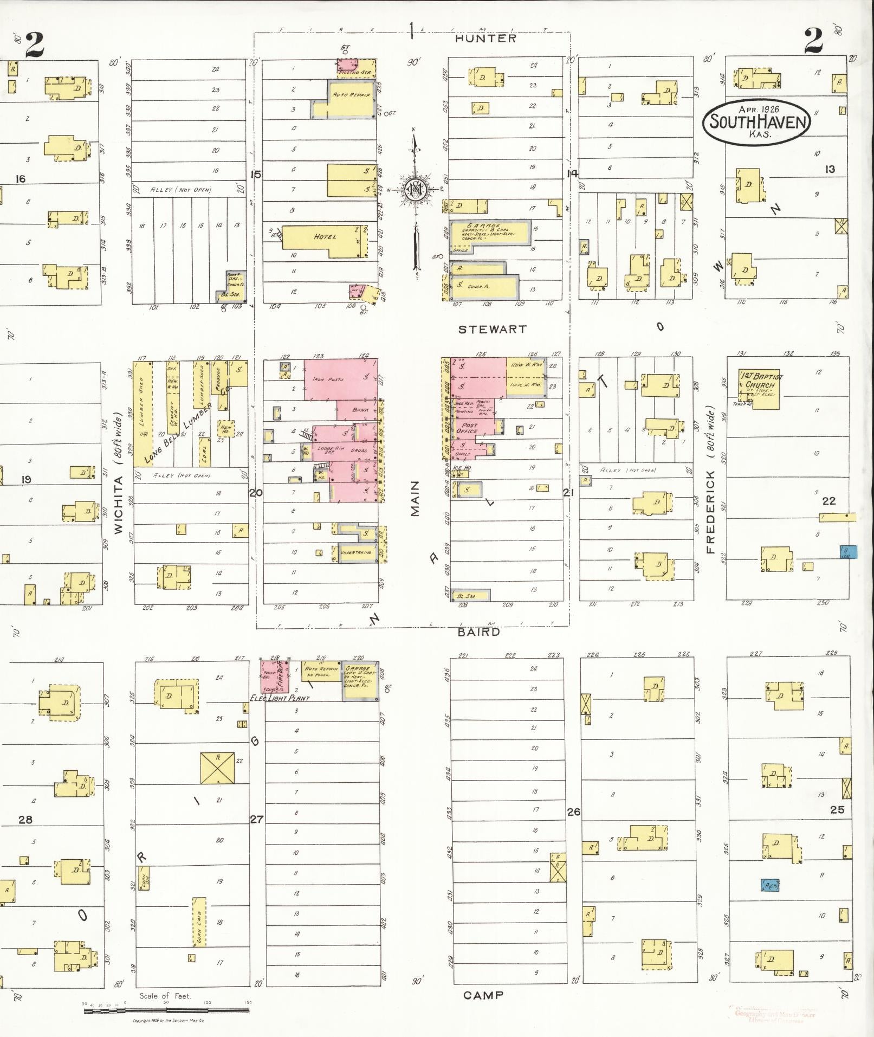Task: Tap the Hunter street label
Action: pyautogui.click(x=485, y=38)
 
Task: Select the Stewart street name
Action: pyautogui.click(x=492, y=329)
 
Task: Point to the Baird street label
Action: pyautogui.click(x=478, y=632)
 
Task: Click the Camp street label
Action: pyautogui.click(x=483, y=995)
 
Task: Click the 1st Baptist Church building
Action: pyautogui.click(x=759, y=388)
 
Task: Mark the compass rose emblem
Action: pyautogui.click(x=415, y=190)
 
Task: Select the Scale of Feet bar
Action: pyautogui.click(x=166, y=1010)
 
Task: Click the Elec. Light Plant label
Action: pyautogui.click(x=279, y=698)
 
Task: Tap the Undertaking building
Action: pyautogui.click(x=357, y=552)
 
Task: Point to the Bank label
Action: pyautogui.click(x=360, y=410)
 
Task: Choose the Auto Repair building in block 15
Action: pyautogui.click(x=350, y=99)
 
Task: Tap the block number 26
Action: pyautogui.click(x=573, y=811)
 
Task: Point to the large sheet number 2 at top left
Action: pyautogui.click(x=34, y=44)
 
